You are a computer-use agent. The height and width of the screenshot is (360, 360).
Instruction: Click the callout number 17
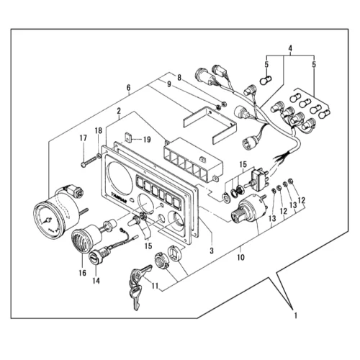[84, 138]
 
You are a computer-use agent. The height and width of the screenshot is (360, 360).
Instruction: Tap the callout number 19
[147, 140]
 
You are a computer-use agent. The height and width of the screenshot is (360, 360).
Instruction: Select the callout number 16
[82, 273]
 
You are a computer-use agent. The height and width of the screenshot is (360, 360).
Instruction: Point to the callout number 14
[96, 281]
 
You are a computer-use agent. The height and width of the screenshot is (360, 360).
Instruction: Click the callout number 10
[240, 258]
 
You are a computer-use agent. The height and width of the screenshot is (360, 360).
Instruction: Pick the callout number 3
[212, 251]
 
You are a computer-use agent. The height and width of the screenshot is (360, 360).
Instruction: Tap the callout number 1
[296, 315]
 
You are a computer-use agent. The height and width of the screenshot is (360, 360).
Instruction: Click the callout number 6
[129, 88]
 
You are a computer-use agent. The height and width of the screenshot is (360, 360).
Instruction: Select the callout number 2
[119, 111]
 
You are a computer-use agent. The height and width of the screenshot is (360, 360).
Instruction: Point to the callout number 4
[290, 48]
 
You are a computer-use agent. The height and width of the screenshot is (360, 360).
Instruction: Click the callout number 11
[156, 286]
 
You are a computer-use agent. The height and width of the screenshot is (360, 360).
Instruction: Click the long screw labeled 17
[89, 161]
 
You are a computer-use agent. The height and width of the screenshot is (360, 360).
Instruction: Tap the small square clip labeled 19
[128, 138]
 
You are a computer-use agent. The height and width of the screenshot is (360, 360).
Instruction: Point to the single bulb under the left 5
[266, 80]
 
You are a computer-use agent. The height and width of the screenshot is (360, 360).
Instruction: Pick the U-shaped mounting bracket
[210, 126]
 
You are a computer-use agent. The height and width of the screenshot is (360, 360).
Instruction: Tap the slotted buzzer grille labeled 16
[81, 240]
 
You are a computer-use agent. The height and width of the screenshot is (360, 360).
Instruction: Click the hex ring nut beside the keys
[161, 261]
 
